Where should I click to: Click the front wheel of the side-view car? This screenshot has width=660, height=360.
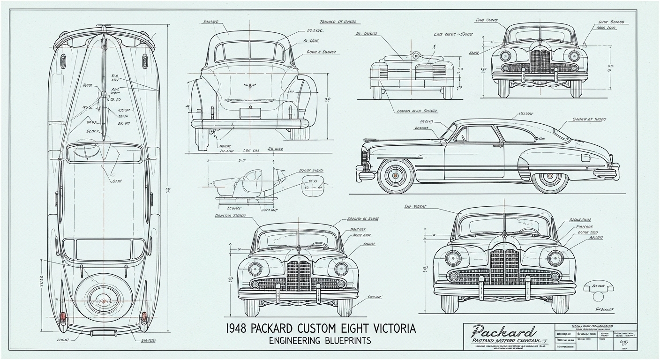395,176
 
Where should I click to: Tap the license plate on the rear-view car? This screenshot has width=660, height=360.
250,112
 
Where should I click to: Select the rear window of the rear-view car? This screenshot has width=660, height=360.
250,51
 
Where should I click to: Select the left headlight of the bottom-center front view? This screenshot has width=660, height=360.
255,269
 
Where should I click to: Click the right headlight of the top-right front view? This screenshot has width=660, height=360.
574,56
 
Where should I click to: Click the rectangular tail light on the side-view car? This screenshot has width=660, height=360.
585,157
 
